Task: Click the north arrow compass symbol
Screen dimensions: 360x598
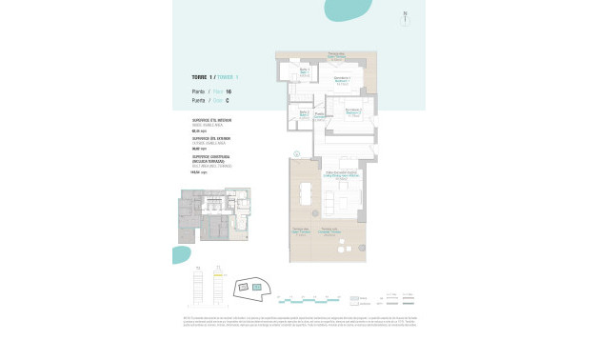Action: pyautogui.click(x=405, y=16)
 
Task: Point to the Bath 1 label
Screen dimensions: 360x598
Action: pyautogui.click(x=306, y=71)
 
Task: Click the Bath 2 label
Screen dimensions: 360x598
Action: pyautogui.click(x=304, y=113)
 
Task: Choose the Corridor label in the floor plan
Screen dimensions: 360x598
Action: pyautogui.click(x=321, y=116)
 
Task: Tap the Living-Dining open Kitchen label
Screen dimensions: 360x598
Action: pyautogui.click(x=340, y=175)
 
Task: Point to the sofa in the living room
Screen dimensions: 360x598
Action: pyautogui.click(x=351, y=203)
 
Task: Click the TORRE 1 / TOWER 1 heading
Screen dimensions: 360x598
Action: pyautogui.click(x=214, y=76)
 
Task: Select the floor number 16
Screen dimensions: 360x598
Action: pyautogui.click(x=229, y=91)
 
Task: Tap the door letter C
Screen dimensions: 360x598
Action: pyautogui.click(x=229, y=99)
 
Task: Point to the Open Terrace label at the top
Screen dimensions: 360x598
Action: pyautogui.click(x=335, y=54)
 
